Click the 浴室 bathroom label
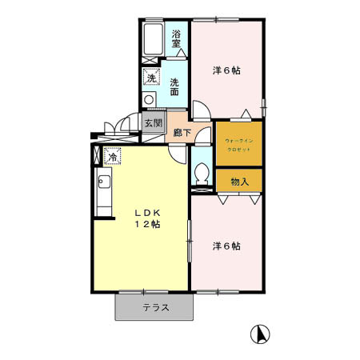coord(177,38)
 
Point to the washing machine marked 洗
coord(150,78)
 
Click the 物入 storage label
coord(239,182)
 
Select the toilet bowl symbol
coord(202,172)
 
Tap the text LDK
coord(147,212)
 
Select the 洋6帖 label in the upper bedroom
coord(226,70)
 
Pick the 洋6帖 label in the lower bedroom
coord(226,246)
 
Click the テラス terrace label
coord(155,308)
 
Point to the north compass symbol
coord(261,334)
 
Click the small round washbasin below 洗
coord(148,99)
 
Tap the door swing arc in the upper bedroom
coord(200,112)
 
